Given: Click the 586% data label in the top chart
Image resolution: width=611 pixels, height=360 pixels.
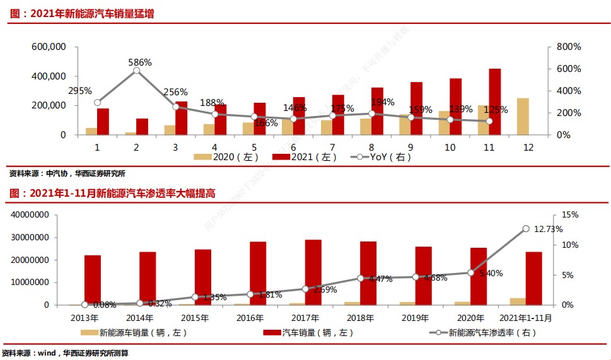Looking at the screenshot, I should click(140, 62).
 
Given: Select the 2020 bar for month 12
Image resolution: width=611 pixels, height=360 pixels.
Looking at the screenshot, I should click(523, 117).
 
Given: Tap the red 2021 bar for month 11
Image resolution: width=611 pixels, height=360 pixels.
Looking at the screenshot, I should click(495, 102).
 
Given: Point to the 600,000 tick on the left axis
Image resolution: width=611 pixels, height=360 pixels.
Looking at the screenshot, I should click(49, 47).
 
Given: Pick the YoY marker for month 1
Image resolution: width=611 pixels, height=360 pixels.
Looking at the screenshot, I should click(97, 102).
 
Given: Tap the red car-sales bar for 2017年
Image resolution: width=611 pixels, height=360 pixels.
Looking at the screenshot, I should click(313, 272).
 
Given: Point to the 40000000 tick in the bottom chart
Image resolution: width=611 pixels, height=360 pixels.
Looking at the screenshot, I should click(30, 215).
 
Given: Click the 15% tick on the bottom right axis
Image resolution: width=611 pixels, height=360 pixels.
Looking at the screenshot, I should click(570, 215).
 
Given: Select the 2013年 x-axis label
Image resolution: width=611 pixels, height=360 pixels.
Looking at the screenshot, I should click(85, 317).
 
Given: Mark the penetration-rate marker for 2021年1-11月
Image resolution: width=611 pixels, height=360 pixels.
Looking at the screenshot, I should click(525, 228).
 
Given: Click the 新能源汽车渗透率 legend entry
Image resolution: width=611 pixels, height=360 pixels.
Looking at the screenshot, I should click(482, 332).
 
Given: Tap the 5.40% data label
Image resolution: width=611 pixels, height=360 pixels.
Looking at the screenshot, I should click(492, 274).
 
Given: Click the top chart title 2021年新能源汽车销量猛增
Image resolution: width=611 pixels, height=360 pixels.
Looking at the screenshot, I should click(82, 13).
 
